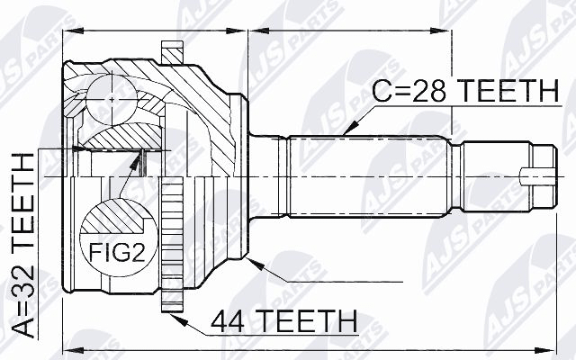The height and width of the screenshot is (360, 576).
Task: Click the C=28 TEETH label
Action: tap(466, 91)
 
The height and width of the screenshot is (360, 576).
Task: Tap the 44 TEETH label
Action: tap(284, 321)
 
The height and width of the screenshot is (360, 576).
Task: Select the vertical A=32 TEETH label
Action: tap(22, 246)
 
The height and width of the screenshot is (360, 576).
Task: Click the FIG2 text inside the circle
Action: tap(117, 253)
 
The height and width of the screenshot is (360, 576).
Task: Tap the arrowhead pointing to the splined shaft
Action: tap(350, 127)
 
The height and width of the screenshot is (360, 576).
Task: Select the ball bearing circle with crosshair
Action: tap(112, 99)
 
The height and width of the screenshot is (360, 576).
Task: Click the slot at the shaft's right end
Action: tap(537, 176)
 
